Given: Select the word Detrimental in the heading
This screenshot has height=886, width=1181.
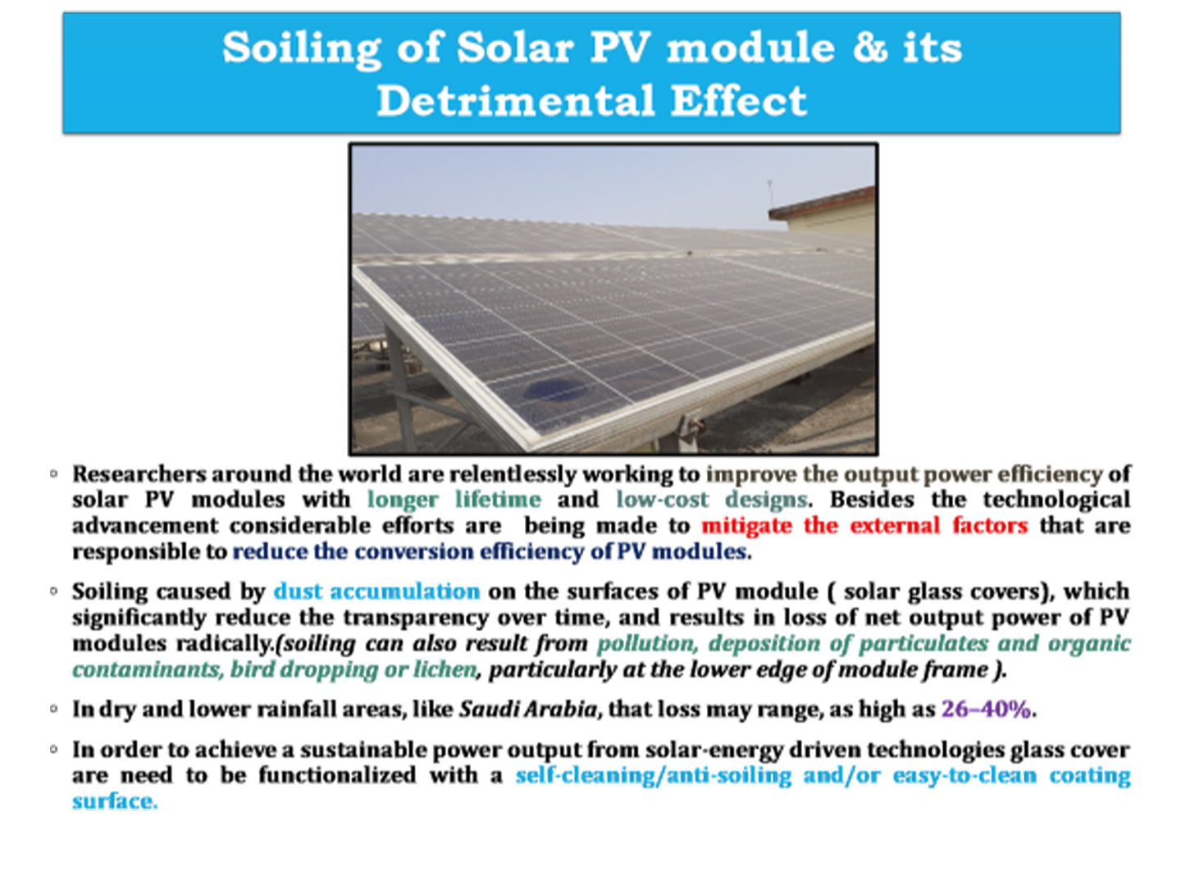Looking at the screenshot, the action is [515, 101].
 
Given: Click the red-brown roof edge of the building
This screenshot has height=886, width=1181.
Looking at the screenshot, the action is [822, 202].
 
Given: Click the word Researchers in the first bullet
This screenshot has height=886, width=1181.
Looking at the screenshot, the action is [139, 474].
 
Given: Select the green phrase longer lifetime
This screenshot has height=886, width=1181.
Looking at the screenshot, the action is [454, 500].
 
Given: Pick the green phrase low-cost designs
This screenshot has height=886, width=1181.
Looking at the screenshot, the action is [712, 500].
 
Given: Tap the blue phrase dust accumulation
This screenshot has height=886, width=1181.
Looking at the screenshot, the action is [376, 591].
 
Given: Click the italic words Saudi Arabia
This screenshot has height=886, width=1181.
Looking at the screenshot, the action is [528, 710].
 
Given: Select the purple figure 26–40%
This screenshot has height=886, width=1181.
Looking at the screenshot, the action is [986, 710].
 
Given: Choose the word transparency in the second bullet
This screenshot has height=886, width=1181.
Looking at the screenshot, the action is [415, 618].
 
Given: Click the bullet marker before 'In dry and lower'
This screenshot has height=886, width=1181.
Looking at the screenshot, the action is [53, 709].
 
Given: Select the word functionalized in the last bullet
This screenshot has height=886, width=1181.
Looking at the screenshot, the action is [337, 775].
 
